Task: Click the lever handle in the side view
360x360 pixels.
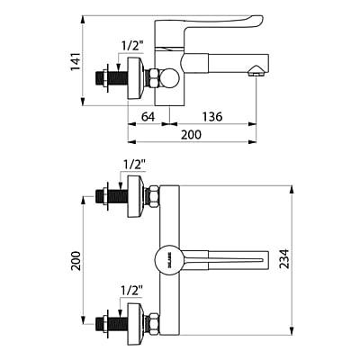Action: [x=225, y=22]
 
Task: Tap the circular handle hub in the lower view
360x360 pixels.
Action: [x=168, y=260]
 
